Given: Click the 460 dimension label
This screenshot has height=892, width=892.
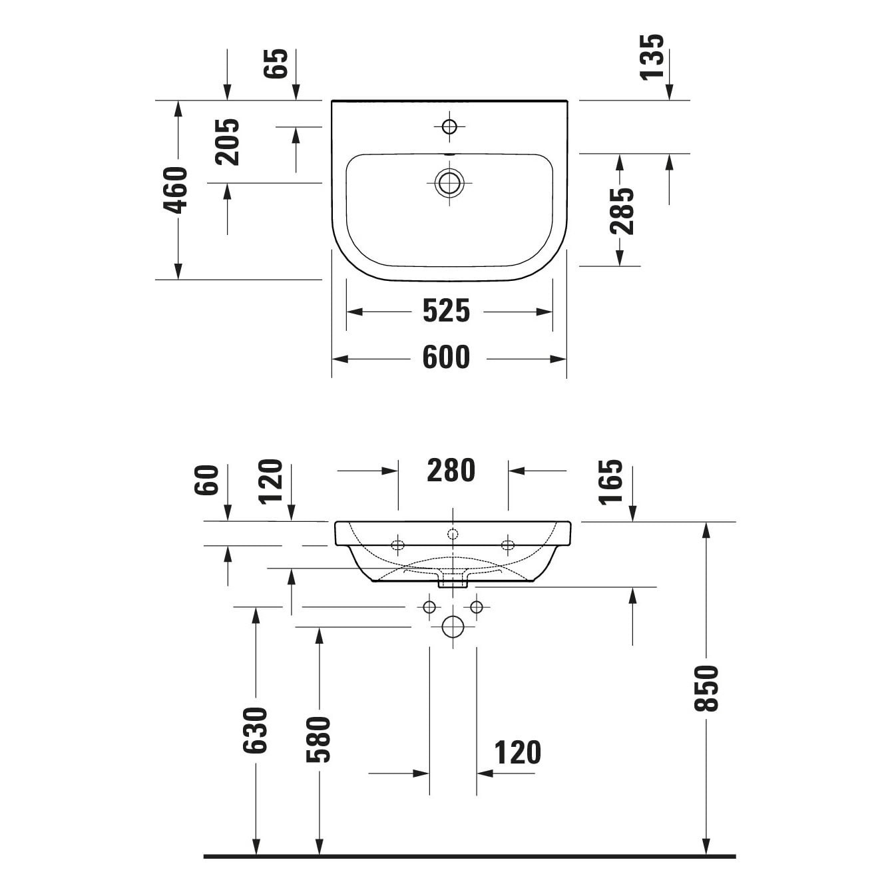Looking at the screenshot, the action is coord(176,190).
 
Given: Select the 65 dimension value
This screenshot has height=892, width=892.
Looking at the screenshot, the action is coord(276,63).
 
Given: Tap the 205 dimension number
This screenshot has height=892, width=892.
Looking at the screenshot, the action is coord(227,142).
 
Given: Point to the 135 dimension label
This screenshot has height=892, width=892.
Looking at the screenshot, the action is coord(652,57).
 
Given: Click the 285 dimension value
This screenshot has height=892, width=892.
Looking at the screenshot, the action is coord(621,211).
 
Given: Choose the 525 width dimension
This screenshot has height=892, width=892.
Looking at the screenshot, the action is coord(446,311).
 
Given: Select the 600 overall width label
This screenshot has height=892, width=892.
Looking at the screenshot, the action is coord(446,357).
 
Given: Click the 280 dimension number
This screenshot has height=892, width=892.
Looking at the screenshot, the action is coord(451,471).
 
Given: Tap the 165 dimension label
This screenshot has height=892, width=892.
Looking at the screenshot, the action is coord(610,482).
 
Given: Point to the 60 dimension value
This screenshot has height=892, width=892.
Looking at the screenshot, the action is coord(206,480).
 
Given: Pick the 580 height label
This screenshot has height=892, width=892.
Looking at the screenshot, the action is coord(318,740).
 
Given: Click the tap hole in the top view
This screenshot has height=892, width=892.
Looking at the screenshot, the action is coord(449,126).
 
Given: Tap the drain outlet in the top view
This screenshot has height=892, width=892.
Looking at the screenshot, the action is coord(449,183).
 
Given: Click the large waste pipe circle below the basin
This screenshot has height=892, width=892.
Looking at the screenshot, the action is coord(453,627).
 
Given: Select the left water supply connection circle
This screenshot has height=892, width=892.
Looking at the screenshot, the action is coord(429,607).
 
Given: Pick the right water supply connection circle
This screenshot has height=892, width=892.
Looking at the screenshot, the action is coord(477,607).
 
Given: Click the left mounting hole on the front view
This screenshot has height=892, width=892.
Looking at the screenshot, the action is coord(398,545).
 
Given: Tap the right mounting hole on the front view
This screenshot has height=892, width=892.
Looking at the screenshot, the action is coord(508,545).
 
